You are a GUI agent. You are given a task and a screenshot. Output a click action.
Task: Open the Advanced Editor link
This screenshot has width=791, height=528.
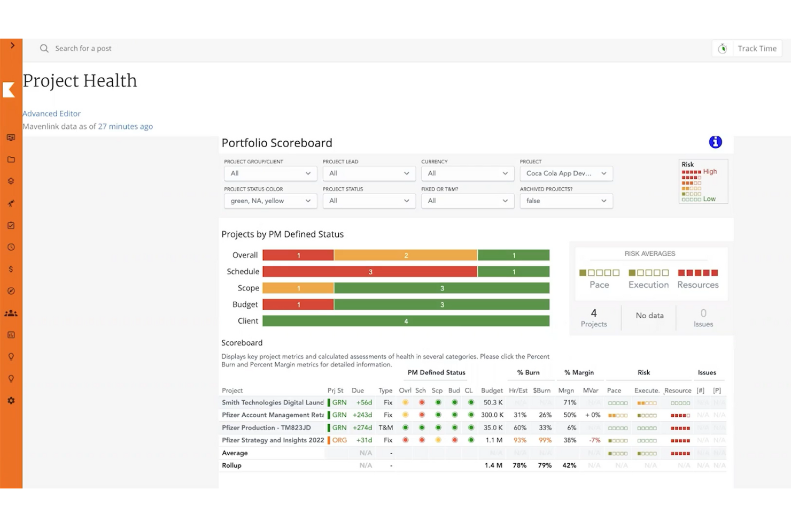(x=51, y=113)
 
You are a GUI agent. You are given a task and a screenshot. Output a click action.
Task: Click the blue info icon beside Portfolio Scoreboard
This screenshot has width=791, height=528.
(x=715, y=142)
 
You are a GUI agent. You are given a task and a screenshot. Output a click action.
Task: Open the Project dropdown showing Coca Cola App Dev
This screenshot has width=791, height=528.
(x=566, y=173)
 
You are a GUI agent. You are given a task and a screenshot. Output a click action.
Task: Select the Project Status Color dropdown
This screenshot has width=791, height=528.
(x=270, y=201)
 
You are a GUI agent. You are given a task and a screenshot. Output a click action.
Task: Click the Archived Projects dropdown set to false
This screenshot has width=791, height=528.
(x=566, y=201)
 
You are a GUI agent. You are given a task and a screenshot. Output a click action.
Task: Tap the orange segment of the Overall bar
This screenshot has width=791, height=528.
(x=406, y=255)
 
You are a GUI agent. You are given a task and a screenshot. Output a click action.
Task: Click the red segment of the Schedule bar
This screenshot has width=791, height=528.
(x=370, y=272)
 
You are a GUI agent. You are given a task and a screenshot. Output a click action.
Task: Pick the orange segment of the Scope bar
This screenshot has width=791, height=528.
(x=298, y=288)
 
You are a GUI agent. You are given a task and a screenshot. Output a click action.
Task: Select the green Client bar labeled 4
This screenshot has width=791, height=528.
(x=406, y=321)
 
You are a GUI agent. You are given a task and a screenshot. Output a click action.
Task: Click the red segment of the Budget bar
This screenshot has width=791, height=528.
(x=298, y=304)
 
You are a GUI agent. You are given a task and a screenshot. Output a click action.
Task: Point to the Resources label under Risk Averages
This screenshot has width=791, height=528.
(x=697, y=285)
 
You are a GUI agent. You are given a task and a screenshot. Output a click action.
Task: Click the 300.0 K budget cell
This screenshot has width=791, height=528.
(x=492, y=415)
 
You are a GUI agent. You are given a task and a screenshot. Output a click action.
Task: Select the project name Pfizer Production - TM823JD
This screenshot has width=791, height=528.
(x=266, y=427)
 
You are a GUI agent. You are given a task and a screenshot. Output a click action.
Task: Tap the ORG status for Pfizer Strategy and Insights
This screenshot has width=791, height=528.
(x=339, y=440)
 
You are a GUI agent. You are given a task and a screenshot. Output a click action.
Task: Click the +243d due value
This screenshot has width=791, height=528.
(x=362, y=415)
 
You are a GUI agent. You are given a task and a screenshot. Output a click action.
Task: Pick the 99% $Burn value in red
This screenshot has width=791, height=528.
(x=545, y=440)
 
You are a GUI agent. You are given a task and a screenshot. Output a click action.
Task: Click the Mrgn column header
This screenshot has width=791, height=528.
(x=565, y=391)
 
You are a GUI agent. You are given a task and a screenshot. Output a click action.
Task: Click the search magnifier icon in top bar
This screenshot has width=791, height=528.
(x=44, y=49)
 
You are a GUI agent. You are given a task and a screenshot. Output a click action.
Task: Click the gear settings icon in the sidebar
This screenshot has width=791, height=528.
(x=11, y=401)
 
